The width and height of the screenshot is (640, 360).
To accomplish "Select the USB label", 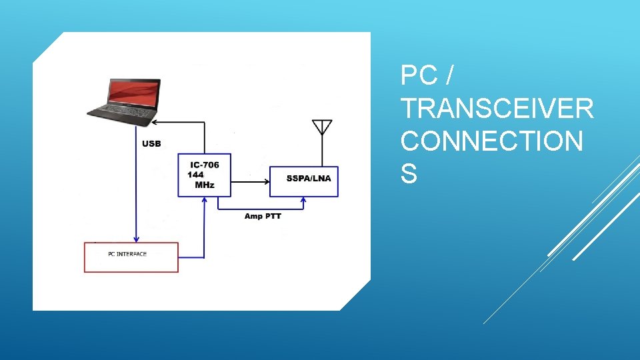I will [151, 143].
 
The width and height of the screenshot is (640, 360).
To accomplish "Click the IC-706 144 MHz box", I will [204, 175].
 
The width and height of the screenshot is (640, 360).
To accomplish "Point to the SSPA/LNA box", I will [303, 181].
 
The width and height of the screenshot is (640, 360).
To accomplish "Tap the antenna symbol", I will [322, 127].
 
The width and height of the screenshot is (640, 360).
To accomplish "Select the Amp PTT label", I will [263, 216].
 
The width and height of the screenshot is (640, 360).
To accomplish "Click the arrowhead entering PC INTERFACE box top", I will [137, 239].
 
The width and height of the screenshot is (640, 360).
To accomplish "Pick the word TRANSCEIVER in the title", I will [497, 107].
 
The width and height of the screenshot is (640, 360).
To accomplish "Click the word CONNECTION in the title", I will [492, 141].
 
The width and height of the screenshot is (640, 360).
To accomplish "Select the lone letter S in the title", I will [409, 174].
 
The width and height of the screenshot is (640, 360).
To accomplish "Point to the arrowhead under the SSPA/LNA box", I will [303, 199].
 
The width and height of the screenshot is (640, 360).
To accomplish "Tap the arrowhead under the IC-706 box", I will [203, 200].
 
